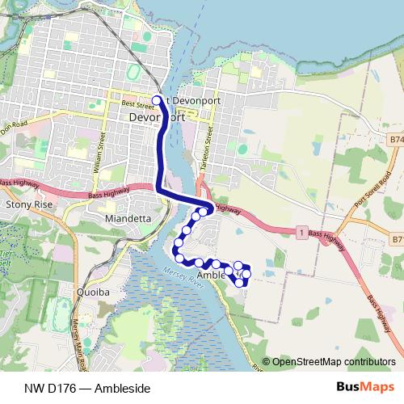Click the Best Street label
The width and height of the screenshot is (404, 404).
pos(137,104)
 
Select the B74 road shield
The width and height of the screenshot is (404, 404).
pos(395,140)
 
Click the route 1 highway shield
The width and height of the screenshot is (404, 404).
pos(301,233)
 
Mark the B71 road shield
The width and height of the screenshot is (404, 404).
pos(396,240)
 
